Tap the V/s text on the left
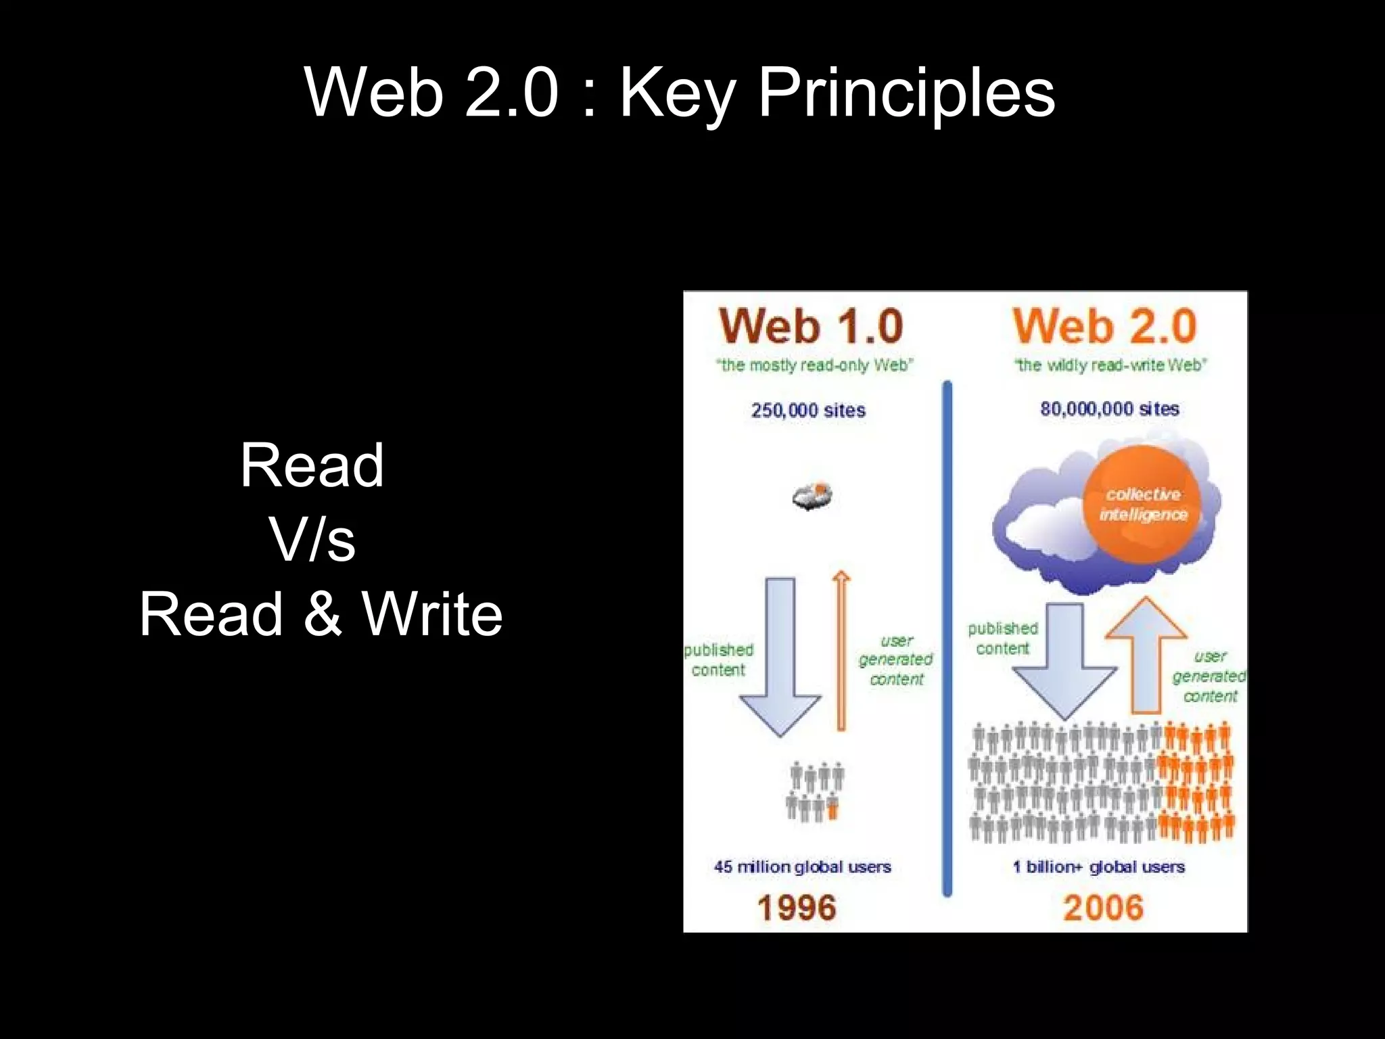(x=312, y=540)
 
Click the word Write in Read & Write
(x=432, y=614)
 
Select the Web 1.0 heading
(x=811, y=326)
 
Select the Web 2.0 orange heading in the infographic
(x=1104, y=326)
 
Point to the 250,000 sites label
(x=808, y=411)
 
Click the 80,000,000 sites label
(x=1110, y=409)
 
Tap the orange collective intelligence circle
(x=1142, y=505)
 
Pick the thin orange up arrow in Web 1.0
(x=841, y=649)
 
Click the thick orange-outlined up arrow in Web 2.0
(x=1146, y=656)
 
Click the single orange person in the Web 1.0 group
(x=832, y=808)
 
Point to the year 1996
(x=797, y=908)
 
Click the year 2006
(x=1103, y=908)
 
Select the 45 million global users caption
(x=802, y=867)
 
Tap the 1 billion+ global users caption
(x=1099, y=867)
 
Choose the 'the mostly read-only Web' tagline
(x=814, y=365)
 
